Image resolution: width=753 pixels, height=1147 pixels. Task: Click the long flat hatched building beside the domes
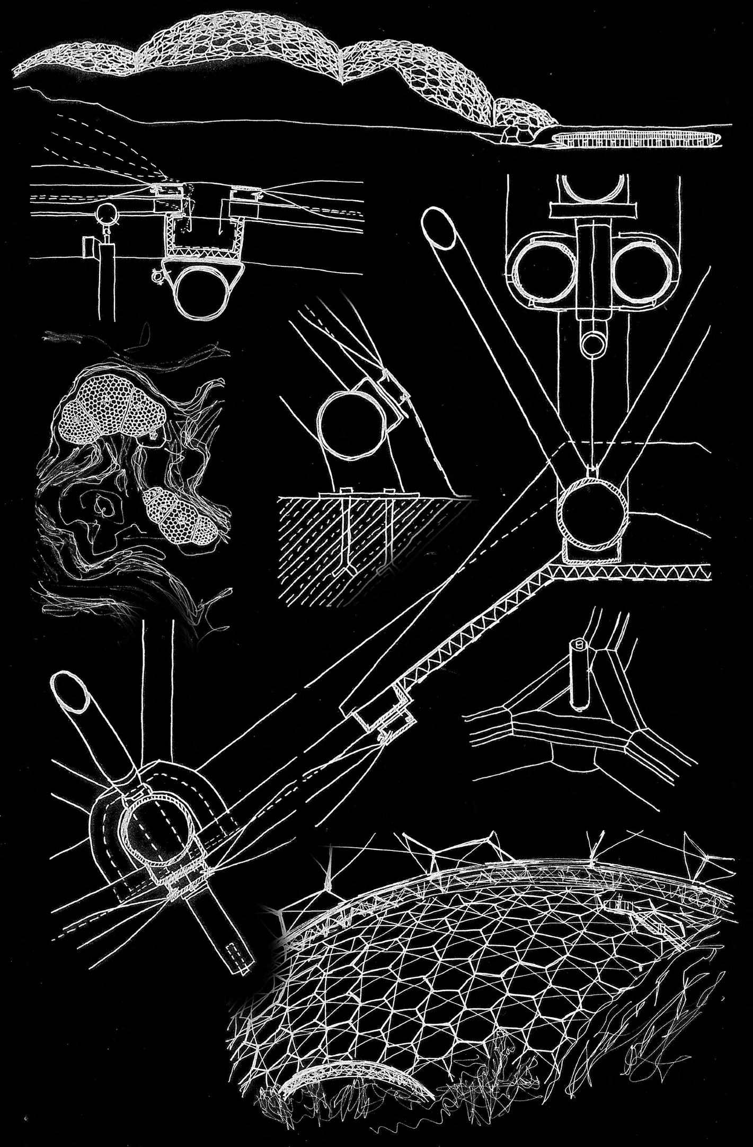coord(636,139)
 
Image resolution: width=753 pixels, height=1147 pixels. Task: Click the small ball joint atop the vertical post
coord(105,214)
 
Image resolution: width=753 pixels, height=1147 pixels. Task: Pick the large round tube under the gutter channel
coord(205,289)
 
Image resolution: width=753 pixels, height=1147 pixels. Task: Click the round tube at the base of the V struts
coord(593,508)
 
